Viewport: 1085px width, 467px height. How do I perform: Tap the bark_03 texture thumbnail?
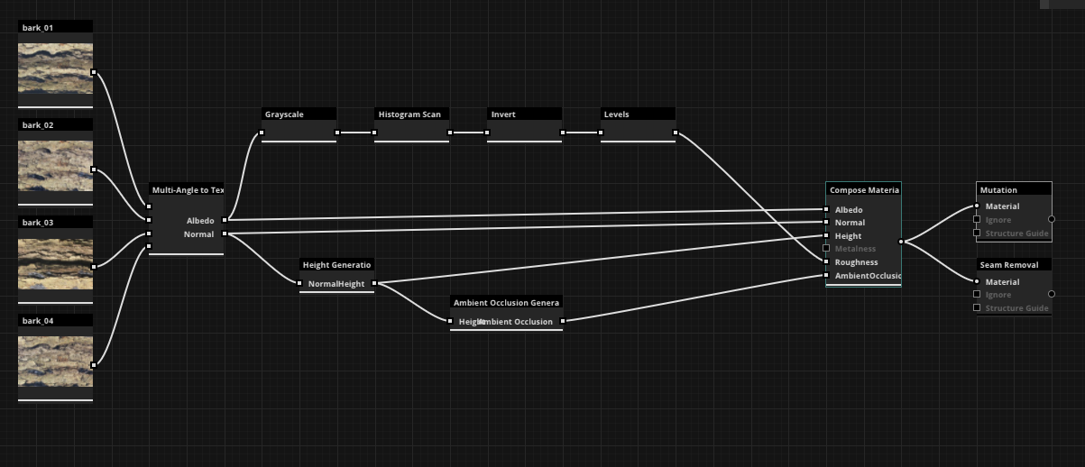click(55, 263)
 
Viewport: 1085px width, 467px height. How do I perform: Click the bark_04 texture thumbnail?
click(55, 361)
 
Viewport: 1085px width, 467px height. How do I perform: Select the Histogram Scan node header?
click(411, 114)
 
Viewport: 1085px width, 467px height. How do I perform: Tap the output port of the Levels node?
click(676, 133)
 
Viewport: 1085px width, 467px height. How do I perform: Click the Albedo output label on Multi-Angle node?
click(200, 220)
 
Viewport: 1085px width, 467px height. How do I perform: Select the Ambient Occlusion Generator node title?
click(506, 303)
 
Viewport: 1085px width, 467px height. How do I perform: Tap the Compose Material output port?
click(901, 242)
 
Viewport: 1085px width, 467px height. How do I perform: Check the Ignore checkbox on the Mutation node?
click(977, 220)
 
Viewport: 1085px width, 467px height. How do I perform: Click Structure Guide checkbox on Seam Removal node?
click(977, 308)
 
